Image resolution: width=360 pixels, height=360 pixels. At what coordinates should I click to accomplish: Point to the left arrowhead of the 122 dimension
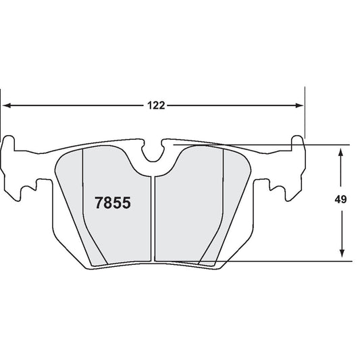pos(7,105)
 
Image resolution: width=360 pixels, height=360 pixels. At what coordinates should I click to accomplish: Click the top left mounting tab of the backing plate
pos(9,144)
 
